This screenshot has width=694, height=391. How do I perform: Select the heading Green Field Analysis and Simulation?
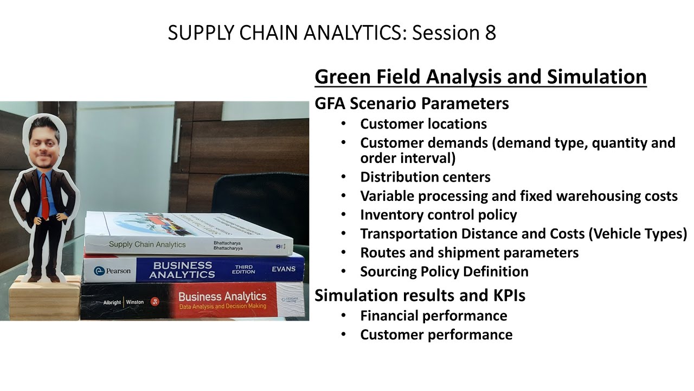tap(480, 77)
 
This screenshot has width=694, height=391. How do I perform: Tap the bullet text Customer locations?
tap(423, 124)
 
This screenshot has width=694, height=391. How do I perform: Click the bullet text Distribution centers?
tap(425, 177)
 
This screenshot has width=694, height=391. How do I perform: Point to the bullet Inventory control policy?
tap(438, 215)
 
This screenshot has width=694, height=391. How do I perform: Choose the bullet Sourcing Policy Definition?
tap(444, 271)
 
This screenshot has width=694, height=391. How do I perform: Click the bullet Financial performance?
tap(434, 316)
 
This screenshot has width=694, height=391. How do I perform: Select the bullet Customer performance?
tap(436, 335)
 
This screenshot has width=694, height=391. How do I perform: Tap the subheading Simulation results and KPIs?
tap(420, 295)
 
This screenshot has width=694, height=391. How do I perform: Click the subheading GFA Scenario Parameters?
tap(412, 103)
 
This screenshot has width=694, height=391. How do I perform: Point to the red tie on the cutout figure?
tap(45, 195)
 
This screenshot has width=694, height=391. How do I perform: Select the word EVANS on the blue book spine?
tap(284, 269)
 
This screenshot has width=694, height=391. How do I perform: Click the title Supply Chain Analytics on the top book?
tap(147, 244)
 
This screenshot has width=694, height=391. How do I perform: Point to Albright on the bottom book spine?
tap(112, 302)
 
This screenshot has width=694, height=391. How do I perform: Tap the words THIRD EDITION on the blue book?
tap(243, 269)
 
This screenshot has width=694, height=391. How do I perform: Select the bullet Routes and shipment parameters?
tap(469, 253)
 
